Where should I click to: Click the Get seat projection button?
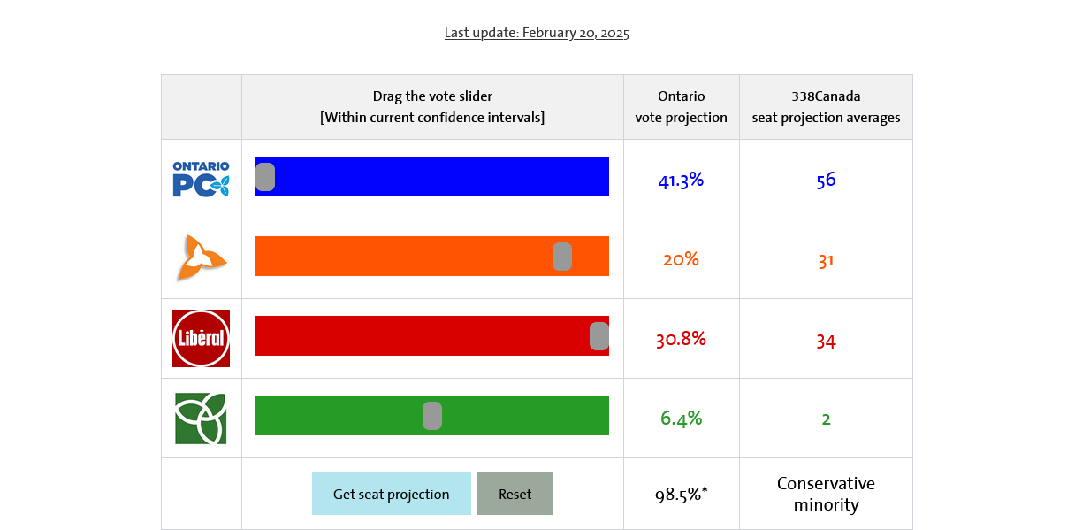click(391, 494)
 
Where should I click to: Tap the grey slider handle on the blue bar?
click(265, 177)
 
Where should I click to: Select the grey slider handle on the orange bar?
click(562, 257)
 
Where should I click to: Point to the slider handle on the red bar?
click(599, 336)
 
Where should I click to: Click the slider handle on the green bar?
click(432, 416)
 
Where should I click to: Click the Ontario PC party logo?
click(202, 179)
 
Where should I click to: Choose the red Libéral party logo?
click(202, 338)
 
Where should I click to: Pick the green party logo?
click(202, 418)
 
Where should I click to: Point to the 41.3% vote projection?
click(681, 181)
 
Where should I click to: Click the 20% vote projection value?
click(681, 260)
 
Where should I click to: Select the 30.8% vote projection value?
click(681, 340)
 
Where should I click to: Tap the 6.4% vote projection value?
click(681, 419)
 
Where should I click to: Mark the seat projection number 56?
click(826, 181)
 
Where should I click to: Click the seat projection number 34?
click(826, 341)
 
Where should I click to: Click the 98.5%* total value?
click(681, 495)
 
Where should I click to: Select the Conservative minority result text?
click(826, 495)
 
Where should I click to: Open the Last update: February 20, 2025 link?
click(537, 33)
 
